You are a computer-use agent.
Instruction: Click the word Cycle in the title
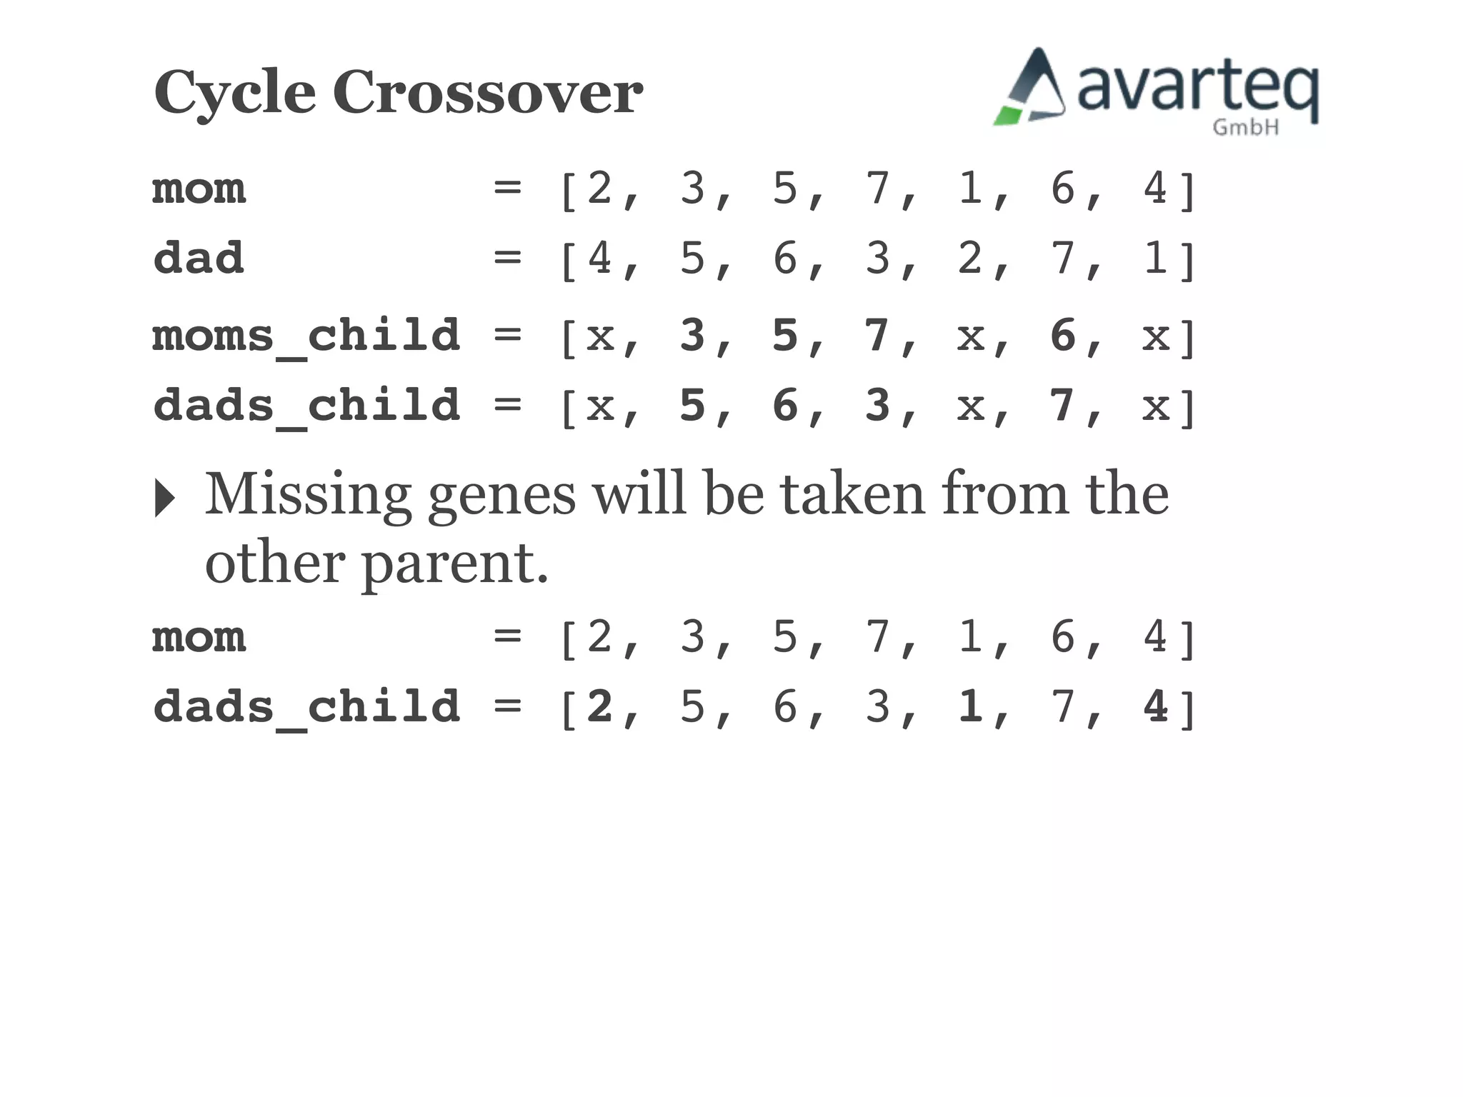(x=234, y=93)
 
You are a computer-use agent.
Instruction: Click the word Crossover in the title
(x=487, y=93)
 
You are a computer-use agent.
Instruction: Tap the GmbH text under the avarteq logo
(x=1245, y=127)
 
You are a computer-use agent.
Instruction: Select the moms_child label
(x=306, y=336)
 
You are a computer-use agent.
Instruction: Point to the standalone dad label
(x=199, y=258)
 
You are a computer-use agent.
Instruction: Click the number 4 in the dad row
(x=599, y=258)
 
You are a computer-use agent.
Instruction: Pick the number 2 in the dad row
(x=970, y=258)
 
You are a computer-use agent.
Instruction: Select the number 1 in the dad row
(x=1155, y=258)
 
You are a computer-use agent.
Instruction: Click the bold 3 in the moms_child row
(x=692, y=335)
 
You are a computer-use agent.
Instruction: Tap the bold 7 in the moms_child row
(x=877, y=335)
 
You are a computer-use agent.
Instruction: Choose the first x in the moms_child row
(x=600, y=336)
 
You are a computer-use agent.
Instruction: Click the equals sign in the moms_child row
(x=507, y=335)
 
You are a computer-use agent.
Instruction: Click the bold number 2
(x=599, y=706)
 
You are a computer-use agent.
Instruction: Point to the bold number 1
(x=970, y=706)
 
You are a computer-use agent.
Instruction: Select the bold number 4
(x=1155, y=706)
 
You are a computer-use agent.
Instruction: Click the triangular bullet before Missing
(x=164, y=498)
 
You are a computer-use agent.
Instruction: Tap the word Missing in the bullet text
(x=308, y=495)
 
